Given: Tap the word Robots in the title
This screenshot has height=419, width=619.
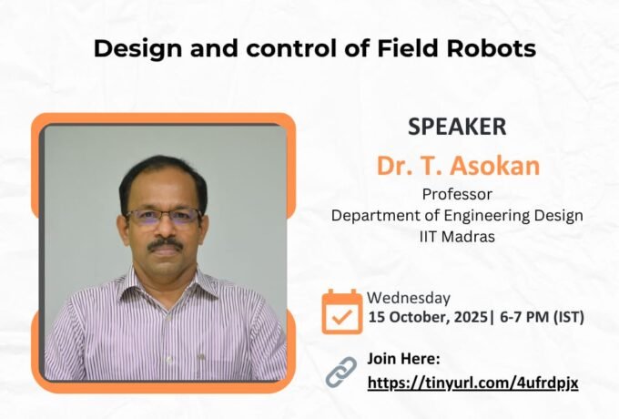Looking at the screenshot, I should (492, 49).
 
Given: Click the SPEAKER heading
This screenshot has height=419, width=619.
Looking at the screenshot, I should (457, 128).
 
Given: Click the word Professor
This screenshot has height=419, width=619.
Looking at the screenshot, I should (457, 193).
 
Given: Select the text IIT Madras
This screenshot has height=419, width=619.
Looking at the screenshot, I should (457, 237).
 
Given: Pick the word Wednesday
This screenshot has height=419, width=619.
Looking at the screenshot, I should (409, 297).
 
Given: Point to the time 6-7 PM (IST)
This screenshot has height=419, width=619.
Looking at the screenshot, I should (542, 318).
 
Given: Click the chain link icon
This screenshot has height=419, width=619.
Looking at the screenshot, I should (341, 372).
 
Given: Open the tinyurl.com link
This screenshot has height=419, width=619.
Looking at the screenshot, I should (472, 383).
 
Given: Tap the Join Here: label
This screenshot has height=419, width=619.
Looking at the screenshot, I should (403, 358).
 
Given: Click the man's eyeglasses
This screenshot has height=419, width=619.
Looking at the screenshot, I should (164, 217).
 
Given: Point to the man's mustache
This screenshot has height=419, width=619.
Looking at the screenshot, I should (166, 244).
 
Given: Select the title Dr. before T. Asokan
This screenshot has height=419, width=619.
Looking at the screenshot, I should (397, 167).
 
